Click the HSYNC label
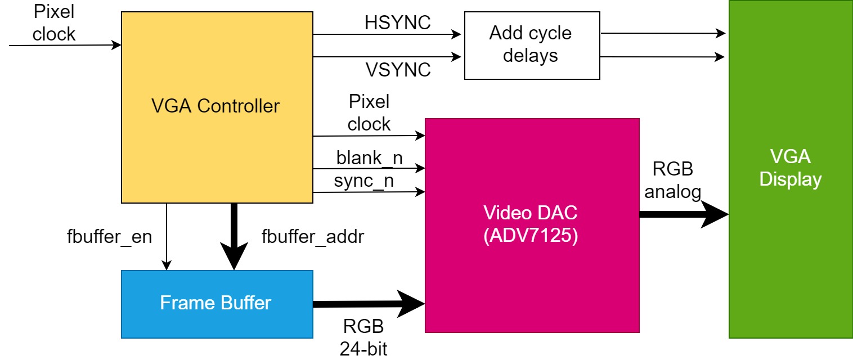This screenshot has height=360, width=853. pos(397,22)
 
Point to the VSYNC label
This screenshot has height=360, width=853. pos(398,70)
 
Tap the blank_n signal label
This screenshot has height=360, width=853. pos(369,158)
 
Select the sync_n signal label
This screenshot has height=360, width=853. pos(363,181)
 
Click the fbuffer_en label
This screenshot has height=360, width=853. pos(109,237)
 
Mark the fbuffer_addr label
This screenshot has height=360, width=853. pos(313,237)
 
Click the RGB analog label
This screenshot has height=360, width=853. pos(673,181)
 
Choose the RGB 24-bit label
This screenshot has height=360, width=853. pos(363,337)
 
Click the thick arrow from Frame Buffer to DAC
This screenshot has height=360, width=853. pos(366,304)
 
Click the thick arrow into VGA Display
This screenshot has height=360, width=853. pos(681,214)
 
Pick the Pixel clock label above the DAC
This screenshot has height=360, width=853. pos(369,113)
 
